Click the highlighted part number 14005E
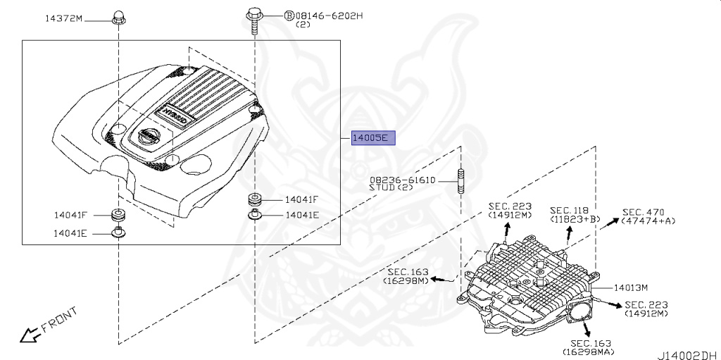373,137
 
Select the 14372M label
63,18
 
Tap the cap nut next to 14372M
118,17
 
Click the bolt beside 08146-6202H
253,20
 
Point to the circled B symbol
289,16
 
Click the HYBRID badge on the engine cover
175,115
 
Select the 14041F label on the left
70,215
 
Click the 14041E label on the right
302,215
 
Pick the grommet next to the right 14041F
255,200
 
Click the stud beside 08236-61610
460,181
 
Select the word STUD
382,187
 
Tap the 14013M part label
631,287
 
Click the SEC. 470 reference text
644,212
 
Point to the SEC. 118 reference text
569,211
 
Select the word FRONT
59,320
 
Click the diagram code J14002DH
689,355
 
